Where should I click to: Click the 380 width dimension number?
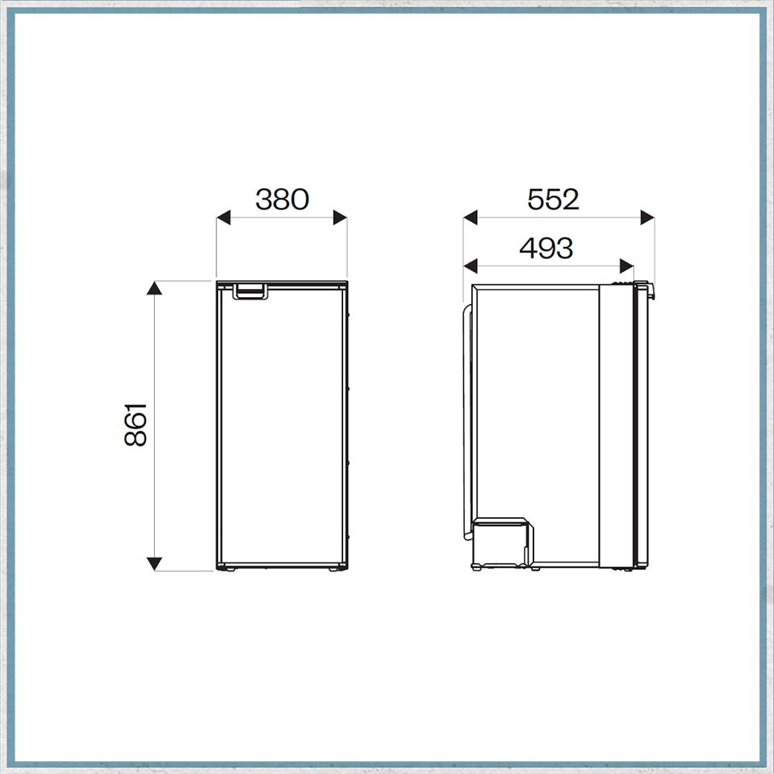click(282, 199)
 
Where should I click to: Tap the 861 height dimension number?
click(136, 425)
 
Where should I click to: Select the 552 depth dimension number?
click(553, 199)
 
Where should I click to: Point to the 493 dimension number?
click(546, 248)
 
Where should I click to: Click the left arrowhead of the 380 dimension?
click(224, 216)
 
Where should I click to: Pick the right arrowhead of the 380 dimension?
click(340, 216)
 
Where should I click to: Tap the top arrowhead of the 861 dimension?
click(154, 289)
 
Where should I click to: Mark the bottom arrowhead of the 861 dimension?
click(154, 563)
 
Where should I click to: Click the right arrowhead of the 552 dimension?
click(646, 216)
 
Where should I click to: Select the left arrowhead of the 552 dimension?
click(471, 216)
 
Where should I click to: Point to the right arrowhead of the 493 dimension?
click(626, 265)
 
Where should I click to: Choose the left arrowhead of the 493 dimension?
click(471, 265)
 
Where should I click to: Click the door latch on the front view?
click(250, 291)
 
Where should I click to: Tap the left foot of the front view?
click(228, 568)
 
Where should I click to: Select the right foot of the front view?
click(334, 568)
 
